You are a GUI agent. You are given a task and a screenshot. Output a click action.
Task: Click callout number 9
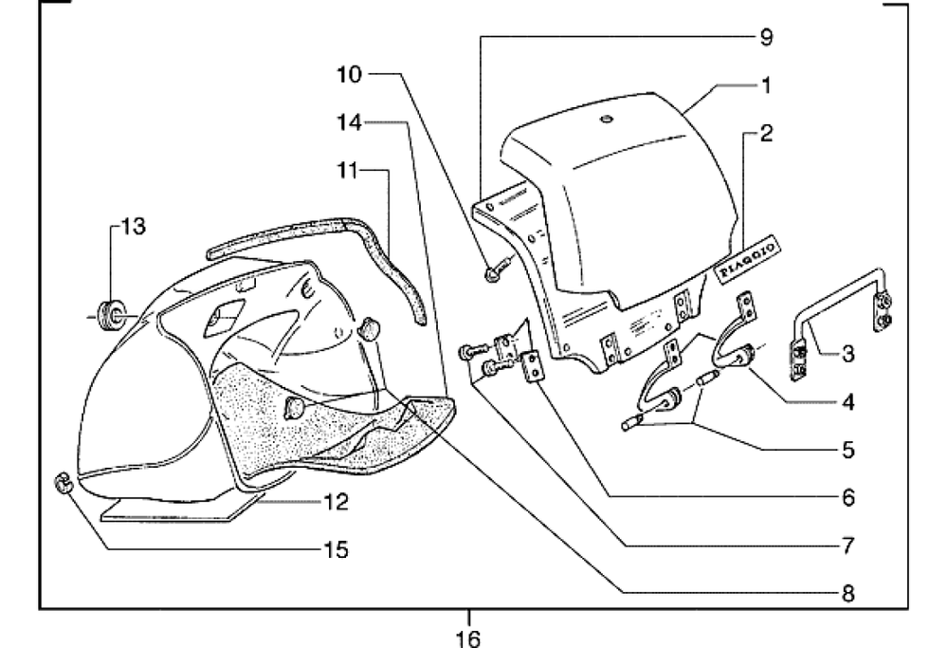click(x=765, y=38)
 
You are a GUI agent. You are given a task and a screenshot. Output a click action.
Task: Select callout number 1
click(x=766, y=85)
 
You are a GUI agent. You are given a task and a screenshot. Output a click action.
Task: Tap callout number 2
click(x=766, y=133)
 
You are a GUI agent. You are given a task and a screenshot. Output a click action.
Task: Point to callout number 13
click(x=133, y=227)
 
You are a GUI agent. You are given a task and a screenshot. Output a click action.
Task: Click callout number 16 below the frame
click(x=468, y=639)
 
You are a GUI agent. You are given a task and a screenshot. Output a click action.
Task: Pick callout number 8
click(x=848, y=594)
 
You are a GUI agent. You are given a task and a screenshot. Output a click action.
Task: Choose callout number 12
click(x=337, y=502)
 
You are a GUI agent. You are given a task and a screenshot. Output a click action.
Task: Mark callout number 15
click(x=337, y=549)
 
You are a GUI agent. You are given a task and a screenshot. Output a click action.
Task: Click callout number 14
click(x=350, y=122)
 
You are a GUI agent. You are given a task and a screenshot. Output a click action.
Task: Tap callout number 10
click(x=350, y=74)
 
